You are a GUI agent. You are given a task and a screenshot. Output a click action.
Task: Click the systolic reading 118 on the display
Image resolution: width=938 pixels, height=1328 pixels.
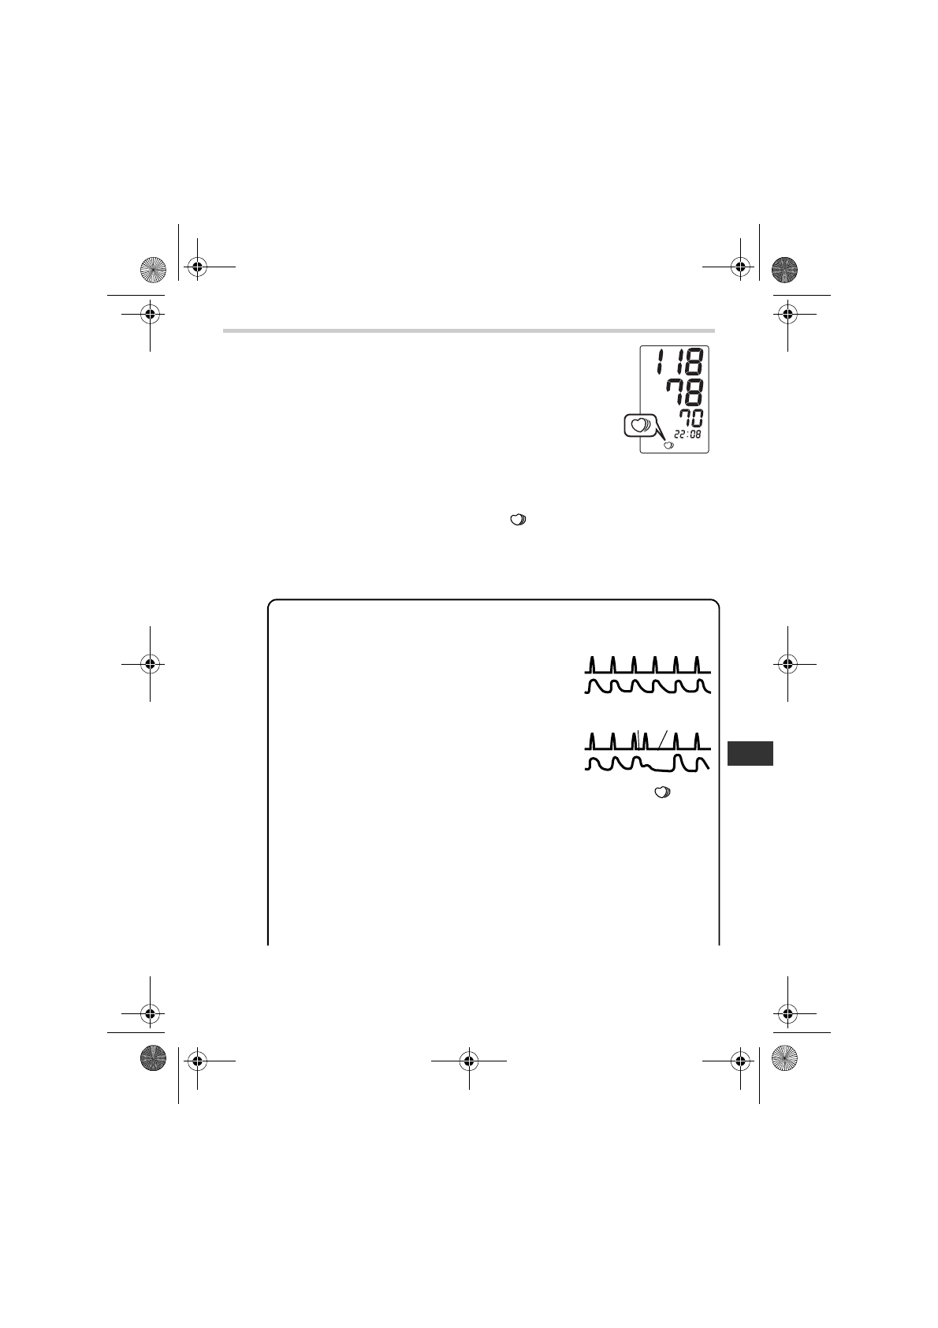680,361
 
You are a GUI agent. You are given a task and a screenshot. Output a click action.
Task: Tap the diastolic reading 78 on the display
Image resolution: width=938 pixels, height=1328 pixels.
685,392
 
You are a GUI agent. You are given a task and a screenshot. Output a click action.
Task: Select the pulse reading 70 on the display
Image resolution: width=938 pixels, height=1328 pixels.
691,418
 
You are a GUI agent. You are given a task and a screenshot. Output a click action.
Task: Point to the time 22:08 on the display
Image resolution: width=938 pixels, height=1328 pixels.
687,434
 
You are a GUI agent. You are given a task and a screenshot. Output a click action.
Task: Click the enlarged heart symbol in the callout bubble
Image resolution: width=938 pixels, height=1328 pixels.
639,424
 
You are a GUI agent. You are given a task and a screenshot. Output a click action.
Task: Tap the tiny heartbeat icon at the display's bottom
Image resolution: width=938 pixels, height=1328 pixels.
668,446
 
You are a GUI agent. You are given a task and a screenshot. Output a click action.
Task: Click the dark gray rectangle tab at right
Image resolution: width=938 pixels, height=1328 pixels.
750,753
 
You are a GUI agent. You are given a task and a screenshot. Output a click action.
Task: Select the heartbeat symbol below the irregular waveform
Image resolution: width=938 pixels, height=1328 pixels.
662,793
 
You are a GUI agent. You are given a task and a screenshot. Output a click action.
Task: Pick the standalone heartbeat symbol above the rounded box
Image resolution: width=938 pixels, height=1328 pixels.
518,520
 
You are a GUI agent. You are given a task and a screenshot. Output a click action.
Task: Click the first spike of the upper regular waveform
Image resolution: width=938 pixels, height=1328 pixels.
592,665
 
